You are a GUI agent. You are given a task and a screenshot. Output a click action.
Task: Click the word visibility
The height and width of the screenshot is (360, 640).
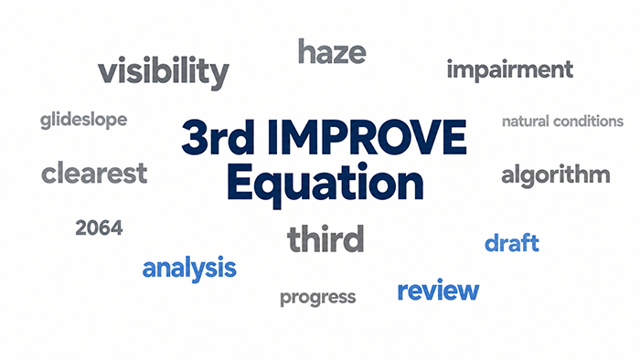pyautogui.click(x=164, y=73)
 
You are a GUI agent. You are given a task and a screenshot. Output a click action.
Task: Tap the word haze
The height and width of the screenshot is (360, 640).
pyautogui.click(x=332, y=51)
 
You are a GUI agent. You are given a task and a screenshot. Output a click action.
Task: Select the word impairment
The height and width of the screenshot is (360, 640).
pyautogui.click(x=510, y=70)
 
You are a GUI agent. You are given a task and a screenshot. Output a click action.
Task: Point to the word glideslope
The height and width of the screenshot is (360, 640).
pyautogui.click(x=84, y=121)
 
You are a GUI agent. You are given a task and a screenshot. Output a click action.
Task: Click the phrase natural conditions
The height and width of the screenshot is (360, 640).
pyautogui.click(x=562, y=122)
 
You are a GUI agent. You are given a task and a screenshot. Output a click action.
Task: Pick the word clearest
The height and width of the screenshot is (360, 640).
pyautogui.click(x=94, y=173)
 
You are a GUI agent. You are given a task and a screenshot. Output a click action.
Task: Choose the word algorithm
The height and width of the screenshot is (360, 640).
pyautogui.click(x=556, y=175)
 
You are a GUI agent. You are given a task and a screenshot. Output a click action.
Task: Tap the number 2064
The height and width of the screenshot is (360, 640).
pyautogui.click(x=99, y=228)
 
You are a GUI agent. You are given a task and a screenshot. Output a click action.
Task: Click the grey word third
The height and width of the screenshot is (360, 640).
pyautogui.click(x=325, y=238)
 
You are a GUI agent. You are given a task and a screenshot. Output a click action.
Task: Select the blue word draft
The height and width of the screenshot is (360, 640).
pyautogui.click(x=512, y=242)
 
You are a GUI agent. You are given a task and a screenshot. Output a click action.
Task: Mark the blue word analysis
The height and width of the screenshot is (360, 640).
pyautogui.click(x=189, y=269)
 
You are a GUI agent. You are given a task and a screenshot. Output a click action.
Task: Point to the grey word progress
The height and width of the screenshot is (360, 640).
pyautogui.click(x=317, y=297)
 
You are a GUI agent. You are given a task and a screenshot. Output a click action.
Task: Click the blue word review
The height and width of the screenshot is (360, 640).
pyautogui.click(x=438, y=291)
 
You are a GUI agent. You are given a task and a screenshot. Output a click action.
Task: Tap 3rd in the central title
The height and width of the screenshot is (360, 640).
pyautogui.click(x=218, y=137)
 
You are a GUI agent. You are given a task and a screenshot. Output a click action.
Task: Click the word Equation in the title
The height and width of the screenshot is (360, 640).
pyautogui.click(x=325, y=184)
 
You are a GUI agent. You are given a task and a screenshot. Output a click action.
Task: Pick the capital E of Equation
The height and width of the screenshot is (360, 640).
pyautogui.click(x=240, y=182)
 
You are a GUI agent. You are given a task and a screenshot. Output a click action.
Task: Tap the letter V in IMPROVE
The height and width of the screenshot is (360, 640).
pyautogui.click(x=422, y=137)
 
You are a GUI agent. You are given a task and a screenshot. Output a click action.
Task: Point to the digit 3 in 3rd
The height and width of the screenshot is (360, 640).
pyautogui.click(x=195, y=137)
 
